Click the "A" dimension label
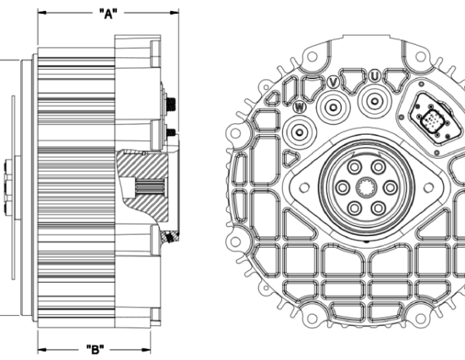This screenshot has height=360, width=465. (109, 13)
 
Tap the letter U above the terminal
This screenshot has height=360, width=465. (374, 76)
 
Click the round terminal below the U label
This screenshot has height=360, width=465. (377, 98)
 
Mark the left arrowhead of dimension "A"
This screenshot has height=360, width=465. (40, 13)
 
